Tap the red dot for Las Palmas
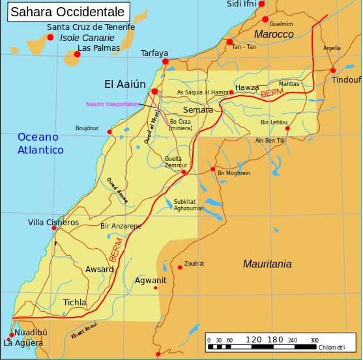[x=77, y=54]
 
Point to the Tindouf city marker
[x=333, y=70]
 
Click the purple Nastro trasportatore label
[x=113, y=104]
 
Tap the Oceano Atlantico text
[x=40, y=143]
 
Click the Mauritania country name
[x=267, y=264]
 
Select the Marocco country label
[x=274, y=34]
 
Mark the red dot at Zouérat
[x=180, y=268]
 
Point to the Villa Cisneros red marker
[x=53, y=228]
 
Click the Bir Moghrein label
[x=233, y=173]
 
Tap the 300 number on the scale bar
[x=313, y=339]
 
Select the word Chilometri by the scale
[x=332, y=348]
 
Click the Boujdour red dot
[x=109, y=132]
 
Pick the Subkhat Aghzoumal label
[x=188, y=204]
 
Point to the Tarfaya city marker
[x=166, y=61]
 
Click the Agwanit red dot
[x=155, y=288]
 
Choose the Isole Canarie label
[x=87, y=38]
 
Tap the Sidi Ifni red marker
[x=261, y=4]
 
